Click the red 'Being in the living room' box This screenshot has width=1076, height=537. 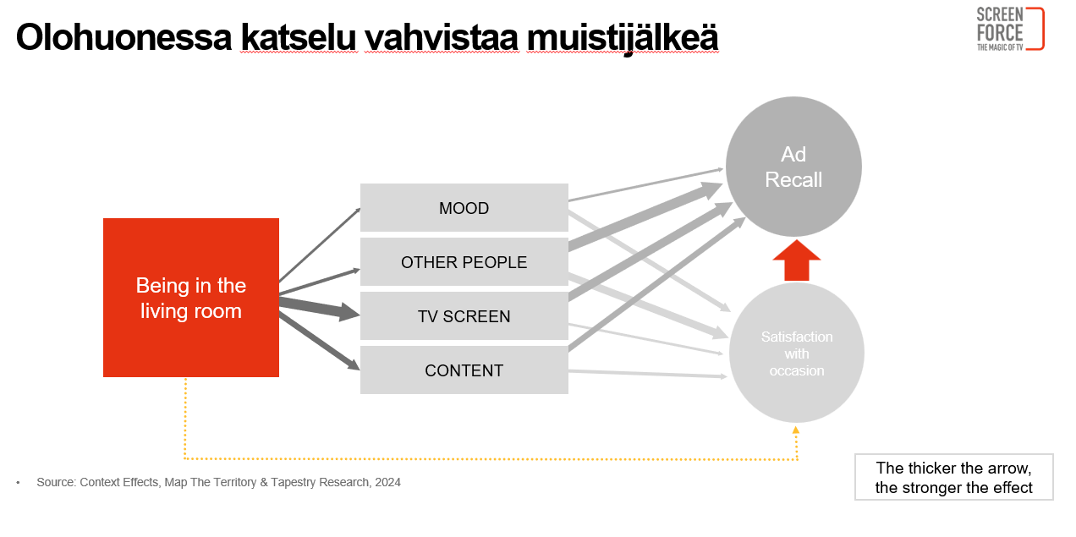coord(191,298)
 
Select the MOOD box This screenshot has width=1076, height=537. coord(464,207)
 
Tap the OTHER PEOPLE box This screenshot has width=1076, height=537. coord(464,262)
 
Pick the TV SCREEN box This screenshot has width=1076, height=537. coord(464,316)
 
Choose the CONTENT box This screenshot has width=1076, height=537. coord(464,370)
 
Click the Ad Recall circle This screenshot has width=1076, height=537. coord(793,167)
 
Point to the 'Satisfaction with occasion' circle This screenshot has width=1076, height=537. coord(797,353)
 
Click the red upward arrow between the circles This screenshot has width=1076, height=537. coord(797,260)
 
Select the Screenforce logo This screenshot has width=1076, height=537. coord(1010,29)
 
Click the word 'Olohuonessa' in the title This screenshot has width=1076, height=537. coord(124,37)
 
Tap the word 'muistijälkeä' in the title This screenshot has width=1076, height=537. coord(623,38)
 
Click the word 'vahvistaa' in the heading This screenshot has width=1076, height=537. coord(442,37)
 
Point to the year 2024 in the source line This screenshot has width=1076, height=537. coord(387,482)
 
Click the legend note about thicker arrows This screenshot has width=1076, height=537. coord(953,478)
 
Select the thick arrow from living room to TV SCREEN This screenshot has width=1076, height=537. coord(320,309)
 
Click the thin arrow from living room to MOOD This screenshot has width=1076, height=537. coord(320,244)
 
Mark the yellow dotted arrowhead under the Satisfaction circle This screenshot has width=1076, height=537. coord(796,430)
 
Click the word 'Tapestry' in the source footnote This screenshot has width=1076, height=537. coord(293,482)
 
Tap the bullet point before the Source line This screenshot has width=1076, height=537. coord(19,483)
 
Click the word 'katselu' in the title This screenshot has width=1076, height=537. coord(299,37)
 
